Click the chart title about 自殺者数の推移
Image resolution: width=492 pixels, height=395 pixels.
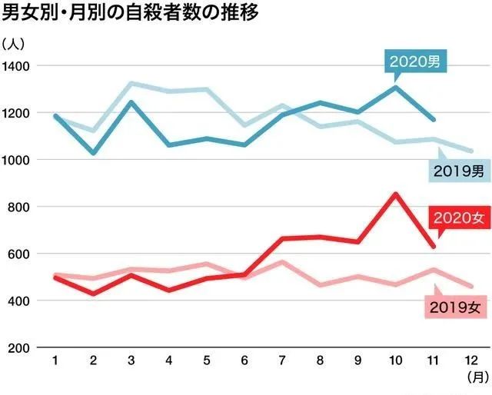pyautogui.click(x=131, y=13)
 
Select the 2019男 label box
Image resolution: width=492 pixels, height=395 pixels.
pyautogui.click(x=456, y=171)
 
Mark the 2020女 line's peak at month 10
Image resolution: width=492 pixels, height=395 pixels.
pyautogui.click(x=396, y=194)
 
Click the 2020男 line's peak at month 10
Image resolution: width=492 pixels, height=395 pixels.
pyautogui.click(x=396, y=87)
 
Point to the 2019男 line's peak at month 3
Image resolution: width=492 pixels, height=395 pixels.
pyautogui.click(x=131, y=83)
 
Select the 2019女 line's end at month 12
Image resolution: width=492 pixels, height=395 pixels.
pyautogui.click(x=471, y=286)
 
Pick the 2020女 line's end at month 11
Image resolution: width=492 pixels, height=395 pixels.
pyautogui.click(x=434, y=247)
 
